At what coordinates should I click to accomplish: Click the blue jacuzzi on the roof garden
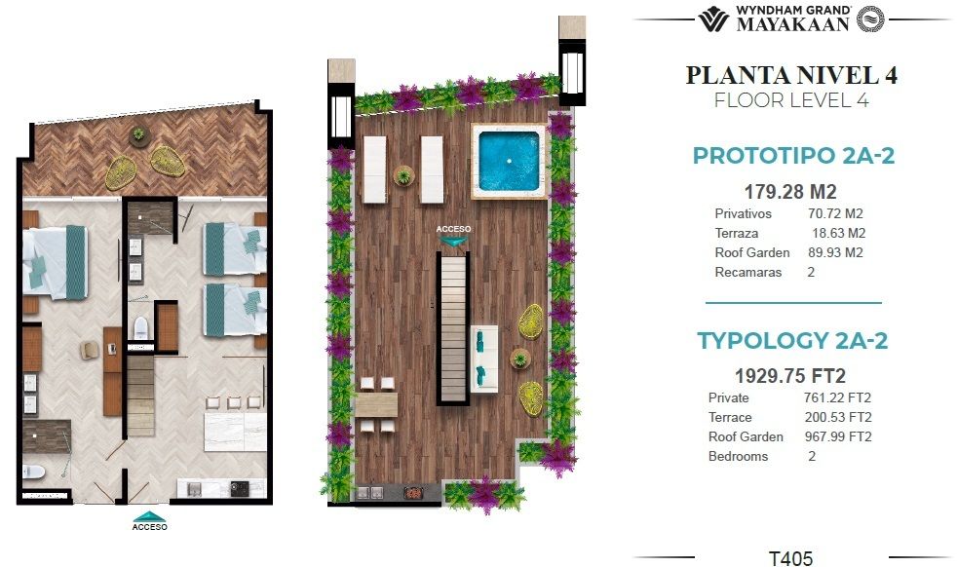click(509, 161)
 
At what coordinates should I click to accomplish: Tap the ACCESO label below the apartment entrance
click(149, 526)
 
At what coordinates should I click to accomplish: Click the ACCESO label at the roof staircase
click(453, 229)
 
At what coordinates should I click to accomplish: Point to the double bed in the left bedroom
click(55, 262)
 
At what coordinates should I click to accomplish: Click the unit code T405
click(790, 558)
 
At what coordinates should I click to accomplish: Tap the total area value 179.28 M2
click(790, 192)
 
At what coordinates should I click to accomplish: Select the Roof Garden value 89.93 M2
click(835, 252)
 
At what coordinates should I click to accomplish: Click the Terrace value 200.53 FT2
click(838, 418)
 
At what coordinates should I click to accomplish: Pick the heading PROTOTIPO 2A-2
click(793, 156)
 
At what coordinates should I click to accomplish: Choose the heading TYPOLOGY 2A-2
click(792, 341)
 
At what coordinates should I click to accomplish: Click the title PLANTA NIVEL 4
click(791, 75)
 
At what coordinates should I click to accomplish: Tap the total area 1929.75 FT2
click(790, 376)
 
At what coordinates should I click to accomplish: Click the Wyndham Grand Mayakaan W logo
click(713, 19)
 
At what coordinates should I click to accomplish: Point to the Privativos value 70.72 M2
click(835, 213)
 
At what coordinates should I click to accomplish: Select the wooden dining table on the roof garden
click(376, 405)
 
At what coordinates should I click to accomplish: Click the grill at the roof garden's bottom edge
click(414, 492)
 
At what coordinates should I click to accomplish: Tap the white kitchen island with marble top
click(235, 431)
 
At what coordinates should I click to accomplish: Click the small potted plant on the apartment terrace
click(139, 134)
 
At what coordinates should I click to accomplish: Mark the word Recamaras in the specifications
click(748, 272)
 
